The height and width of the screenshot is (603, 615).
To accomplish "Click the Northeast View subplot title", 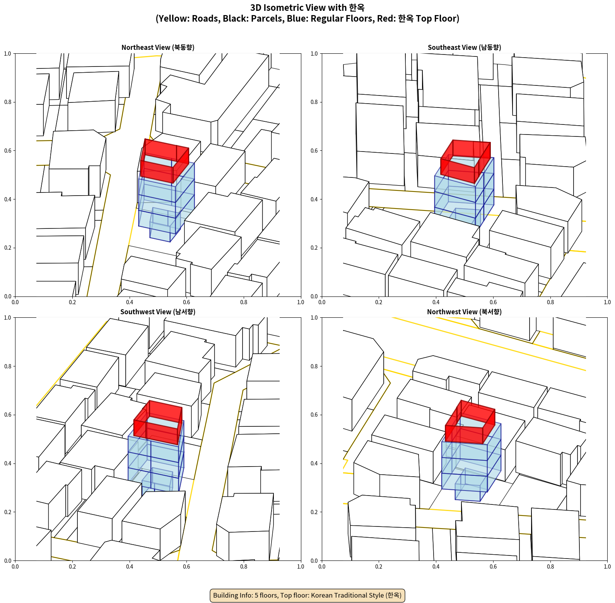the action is (x=158, y=48).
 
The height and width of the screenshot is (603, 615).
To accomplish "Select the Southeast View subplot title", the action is (x=464, y=48).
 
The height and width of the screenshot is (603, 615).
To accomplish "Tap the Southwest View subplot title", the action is (x=158, y=312).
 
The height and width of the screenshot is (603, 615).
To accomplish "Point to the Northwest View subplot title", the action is (x=464, y=312).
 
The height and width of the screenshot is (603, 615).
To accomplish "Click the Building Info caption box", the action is (x=307, y=595).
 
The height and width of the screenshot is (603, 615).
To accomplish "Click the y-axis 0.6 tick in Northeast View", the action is (x=8, y=151).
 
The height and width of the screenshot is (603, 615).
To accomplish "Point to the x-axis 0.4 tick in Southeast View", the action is (x=436, y=302).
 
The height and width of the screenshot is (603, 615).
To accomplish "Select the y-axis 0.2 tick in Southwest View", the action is (x=8, y=512).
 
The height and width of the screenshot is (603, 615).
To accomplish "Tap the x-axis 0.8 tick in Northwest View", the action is (x=550, y=567).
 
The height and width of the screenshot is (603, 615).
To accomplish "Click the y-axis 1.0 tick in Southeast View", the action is (x=314, y=54).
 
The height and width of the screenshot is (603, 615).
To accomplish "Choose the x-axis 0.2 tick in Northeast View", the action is (x=72, y=302).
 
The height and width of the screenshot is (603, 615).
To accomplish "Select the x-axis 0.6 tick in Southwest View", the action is (x=186, y=567).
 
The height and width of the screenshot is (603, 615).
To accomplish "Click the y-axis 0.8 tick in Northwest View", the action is (x=314, y=366).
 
